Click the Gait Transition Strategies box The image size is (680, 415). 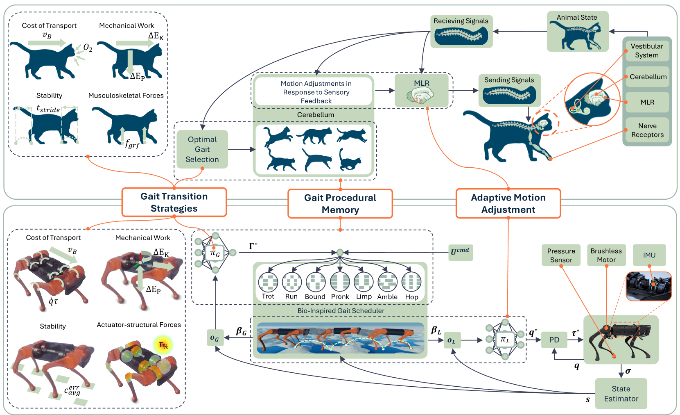pos(174,202)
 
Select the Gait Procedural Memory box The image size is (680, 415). pos(340,203)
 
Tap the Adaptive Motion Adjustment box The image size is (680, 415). pos(508,203)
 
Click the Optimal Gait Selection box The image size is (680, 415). pos(202,149)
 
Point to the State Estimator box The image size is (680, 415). pos(621,394)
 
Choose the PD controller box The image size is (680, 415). pos(554,340)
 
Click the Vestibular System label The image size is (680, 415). pos(646,51)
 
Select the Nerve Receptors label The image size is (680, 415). pos(647,130)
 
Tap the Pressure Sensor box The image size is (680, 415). pos(561,255)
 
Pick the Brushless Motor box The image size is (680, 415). pos(606,255)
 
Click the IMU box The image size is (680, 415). pos(649,255)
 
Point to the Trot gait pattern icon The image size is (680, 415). pos(268,282)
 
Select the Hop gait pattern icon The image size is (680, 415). pos(411,282)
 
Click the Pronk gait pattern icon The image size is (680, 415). pos(340,282)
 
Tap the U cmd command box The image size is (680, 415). pos(460,251)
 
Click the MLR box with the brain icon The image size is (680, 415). pos(421,91)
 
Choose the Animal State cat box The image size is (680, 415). pos(577,32)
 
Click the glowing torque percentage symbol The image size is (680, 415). pos(163,345)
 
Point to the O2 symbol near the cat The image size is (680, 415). pos(88,48)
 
